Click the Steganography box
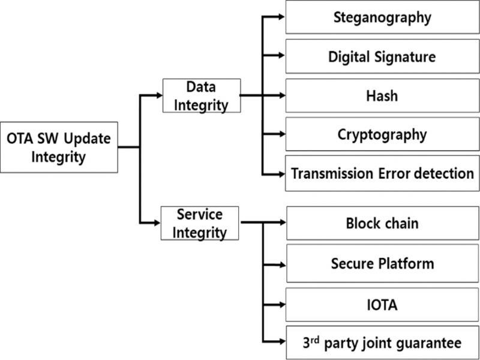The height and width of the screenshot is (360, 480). coord(382,17)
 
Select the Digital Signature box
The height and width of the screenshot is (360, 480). coord(382,56)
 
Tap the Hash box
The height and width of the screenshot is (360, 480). coord(382,95)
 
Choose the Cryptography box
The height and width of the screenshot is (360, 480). coord(382,134)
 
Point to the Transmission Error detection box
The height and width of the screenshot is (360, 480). coord(382,173)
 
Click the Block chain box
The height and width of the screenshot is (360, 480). coord(382,223)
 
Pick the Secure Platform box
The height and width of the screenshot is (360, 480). coord(382,263)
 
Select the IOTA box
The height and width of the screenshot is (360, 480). coord(382,305)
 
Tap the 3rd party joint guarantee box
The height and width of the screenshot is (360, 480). coord(382,343)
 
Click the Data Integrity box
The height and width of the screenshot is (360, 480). coord(202,95)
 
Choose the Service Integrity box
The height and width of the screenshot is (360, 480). coord(200,223)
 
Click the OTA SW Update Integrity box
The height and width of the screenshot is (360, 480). coord(59,148)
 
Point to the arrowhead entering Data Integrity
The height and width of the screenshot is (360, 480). coord(158,95)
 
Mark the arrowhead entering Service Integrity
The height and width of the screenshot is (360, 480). coord(157,223)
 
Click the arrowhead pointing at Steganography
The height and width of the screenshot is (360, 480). coord(281,17)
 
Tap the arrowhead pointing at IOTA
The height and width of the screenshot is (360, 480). coord(283,305)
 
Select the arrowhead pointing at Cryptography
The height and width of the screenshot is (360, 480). coord(281,134)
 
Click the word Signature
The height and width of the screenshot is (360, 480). coord(404,57)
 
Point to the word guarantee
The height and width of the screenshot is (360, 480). coord(429,343)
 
